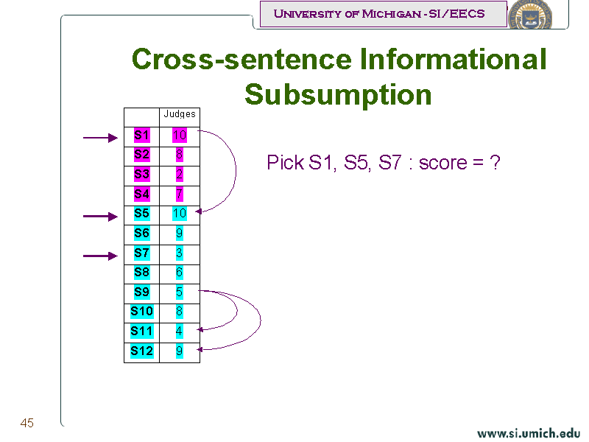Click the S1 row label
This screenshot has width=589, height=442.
(x=142, y=136)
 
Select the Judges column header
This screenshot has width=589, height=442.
(x=180, y=114)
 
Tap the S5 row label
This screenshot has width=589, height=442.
(x=142, y=214)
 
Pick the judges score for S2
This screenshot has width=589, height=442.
(x=180, y=155)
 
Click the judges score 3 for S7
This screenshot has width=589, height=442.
(x=180, y=253)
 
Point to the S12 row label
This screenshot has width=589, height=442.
(x=142, y=351)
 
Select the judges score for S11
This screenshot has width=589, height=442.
(x=180, y=331)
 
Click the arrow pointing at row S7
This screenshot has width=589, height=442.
(x=100, y=256)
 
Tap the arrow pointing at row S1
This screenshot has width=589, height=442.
(x=100, y=138)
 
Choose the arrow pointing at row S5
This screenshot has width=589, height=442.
(x=100, y=217)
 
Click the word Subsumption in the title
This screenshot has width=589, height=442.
(x=338, y=95)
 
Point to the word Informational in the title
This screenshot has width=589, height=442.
(x=453, y=60)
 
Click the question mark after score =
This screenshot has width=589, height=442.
(x=495, y=163)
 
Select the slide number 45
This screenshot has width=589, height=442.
(x=27, y=423)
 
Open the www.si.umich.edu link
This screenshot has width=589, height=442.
(x=529, y=433)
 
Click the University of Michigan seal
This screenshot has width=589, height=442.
(x=530, y=15)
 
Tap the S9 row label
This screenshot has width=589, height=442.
(x=142, y=292)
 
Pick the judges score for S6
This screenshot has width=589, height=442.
(x=180, y=234)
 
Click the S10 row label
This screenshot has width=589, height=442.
(x=142, y=312)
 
